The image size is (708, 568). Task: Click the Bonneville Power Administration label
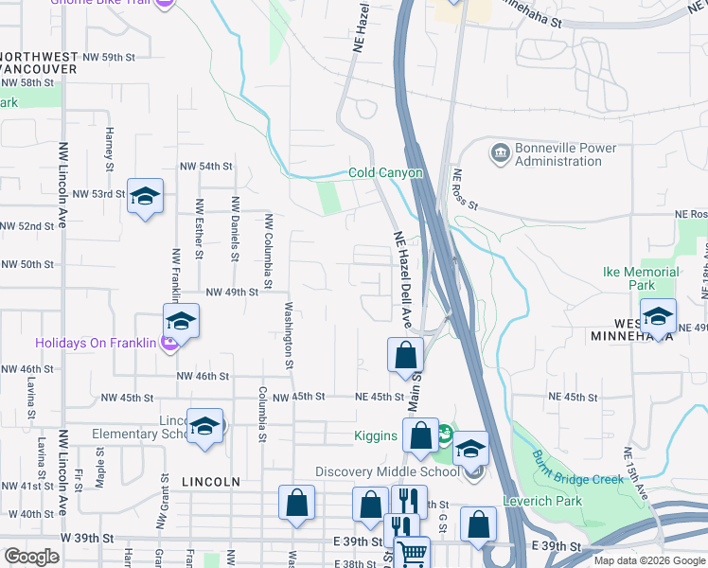565,154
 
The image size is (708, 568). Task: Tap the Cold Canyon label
385,172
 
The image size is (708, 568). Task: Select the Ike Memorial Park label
641,278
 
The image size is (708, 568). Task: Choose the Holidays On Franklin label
95,343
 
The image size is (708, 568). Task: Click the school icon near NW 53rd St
145,197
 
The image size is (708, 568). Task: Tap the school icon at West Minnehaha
657,316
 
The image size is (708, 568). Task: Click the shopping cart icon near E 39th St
412,553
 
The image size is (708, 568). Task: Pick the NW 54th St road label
204,167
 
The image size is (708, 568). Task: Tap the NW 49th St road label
232,293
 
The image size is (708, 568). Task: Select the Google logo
31,557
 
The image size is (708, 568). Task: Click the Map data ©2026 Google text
648,560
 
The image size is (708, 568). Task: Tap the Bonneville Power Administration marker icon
499,151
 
